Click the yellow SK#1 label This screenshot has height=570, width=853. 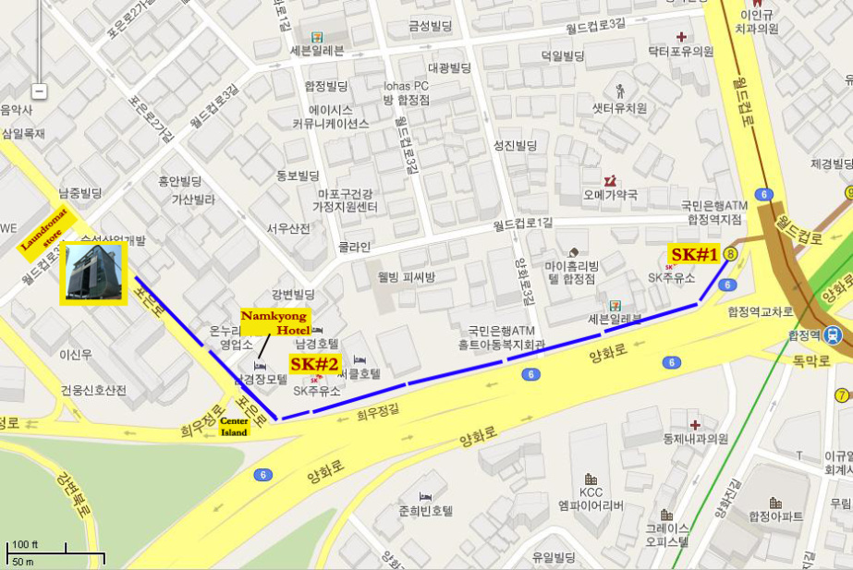click(694, 254)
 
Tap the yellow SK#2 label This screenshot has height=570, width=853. click(315, 364)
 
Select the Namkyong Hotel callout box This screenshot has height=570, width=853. click(275, 322)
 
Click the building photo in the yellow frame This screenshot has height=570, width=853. click(92, 273)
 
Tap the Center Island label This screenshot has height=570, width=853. click(235, 426)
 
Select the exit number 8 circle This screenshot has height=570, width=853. click(731, 253)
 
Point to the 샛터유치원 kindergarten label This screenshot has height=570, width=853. click(619, 107)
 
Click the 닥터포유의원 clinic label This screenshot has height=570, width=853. click(680, 53)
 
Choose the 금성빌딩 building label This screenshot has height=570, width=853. click(431, 27)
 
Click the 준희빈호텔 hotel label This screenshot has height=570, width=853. click(425, 510)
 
